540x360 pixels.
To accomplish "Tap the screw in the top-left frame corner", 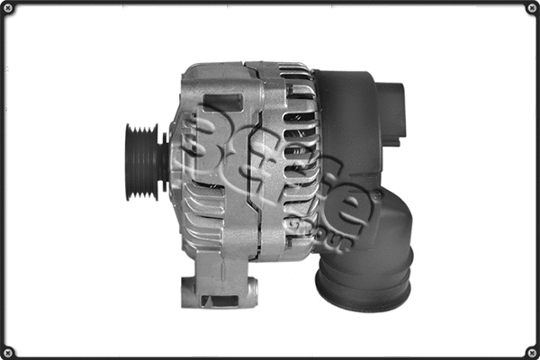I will pos(8,8).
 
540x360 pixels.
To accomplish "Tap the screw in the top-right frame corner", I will pos(532,8).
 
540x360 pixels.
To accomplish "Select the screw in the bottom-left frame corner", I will pos(8,352).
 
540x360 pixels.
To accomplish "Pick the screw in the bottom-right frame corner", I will pos(532,352).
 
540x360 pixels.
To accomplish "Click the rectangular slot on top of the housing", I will pos(222,101).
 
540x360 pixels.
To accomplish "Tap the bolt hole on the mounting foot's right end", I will pos(252,291).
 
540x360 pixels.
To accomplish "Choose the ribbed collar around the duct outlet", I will pos(364,274).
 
